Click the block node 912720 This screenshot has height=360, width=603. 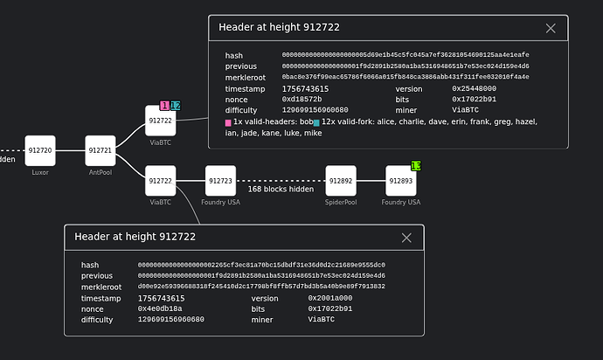pyautogui.click(x=40, y=150)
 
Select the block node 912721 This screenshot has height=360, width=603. pyautogui.click(x=100, y=150)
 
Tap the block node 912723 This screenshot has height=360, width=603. pyautogui.click(x=220, y=181)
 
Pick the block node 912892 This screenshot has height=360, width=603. pyautogui.click(x=341, y=181)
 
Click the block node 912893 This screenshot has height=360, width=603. pyautogui.click(x=401, y=181)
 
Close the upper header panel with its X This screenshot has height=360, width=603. pyautogui.click(x=551, y=28)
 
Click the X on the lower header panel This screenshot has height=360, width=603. pyautogui.click(x=406, y=238)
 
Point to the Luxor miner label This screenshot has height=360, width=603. pyautogui.click(x=40, y=172)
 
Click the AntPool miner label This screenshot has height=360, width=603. pyautogui.click(x=100, y=172)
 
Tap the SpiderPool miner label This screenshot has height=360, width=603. pyautogui.click(x=341, y=202)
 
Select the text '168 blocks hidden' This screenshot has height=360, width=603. pyautogui.click(x=281, y=189)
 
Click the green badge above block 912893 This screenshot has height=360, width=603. pyautogui.click(x=416, y=165)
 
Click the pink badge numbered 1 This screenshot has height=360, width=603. pyautogui.click(x=164, y=106)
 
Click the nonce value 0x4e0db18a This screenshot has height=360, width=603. pyautogui.click(x=162, y=308)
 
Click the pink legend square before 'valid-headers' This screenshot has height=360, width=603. pyautogui.click(x=228, y=122)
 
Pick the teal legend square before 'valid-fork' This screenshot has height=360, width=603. pyautogui.click(x=315, y=122)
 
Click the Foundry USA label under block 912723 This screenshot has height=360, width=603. pyautogui.click(x=220, y=202)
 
